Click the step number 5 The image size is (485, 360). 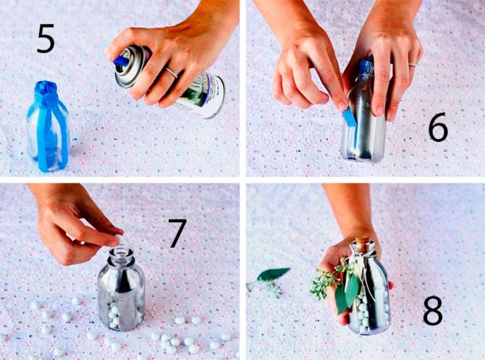click(46, 38)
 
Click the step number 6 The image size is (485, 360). click(438, 127)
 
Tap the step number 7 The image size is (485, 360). click(177, 233)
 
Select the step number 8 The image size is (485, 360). click(432, 310)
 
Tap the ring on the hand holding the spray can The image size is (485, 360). click(171, 72)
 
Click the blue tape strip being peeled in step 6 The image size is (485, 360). click(350, 117)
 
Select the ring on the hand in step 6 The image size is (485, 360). click(413, 64)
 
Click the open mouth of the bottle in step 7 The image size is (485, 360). click(122, 248)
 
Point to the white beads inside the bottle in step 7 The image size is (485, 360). click(117, 311)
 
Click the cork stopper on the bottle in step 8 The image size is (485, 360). click(363, 240)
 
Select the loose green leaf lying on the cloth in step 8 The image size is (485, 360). click(273, 274)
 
